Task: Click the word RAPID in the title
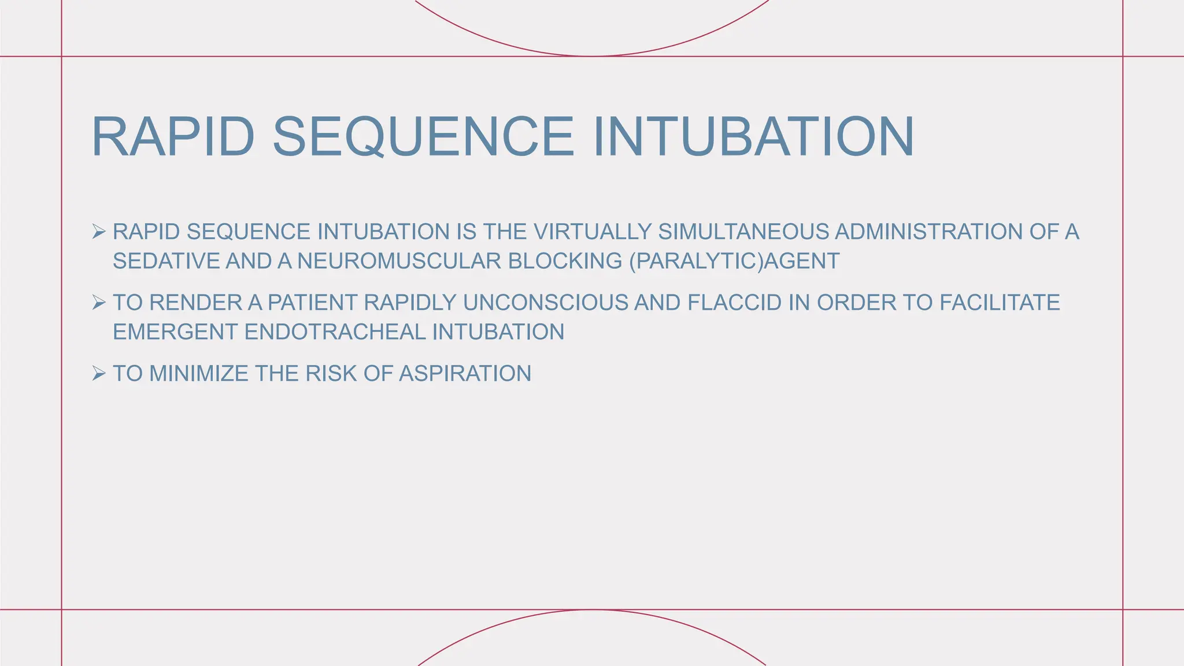tap(173, 137)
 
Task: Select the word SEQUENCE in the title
tap(423, 137)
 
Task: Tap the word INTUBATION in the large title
tap(753, 137)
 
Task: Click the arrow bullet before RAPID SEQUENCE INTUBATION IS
tap(99, 232)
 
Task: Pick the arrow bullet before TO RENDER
tap(99, 302)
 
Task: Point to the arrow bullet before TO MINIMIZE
tap(99, 373)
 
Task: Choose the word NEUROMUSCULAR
tap(399, 261)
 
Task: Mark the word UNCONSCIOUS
tap(545, 303)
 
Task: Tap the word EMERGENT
tap(175, 332)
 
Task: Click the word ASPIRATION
tap(465, 374)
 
